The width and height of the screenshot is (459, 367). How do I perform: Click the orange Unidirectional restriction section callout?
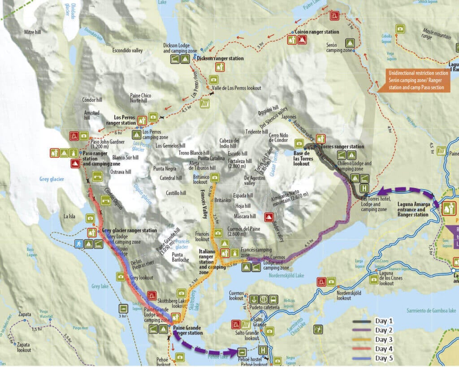coord(416,81)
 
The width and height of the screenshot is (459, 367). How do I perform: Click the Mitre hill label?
coord(32,32)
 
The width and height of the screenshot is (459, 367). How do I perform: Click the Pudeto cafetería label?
coord(263,308)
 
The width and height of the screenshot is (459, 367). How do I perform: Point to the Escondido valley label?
coord(127,51)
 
